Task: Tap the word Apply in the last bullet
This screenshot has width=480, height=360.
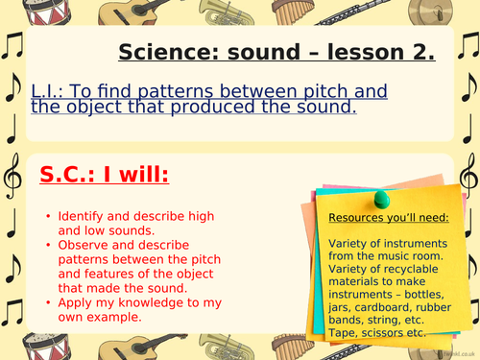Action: click(x=76, y=301)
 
